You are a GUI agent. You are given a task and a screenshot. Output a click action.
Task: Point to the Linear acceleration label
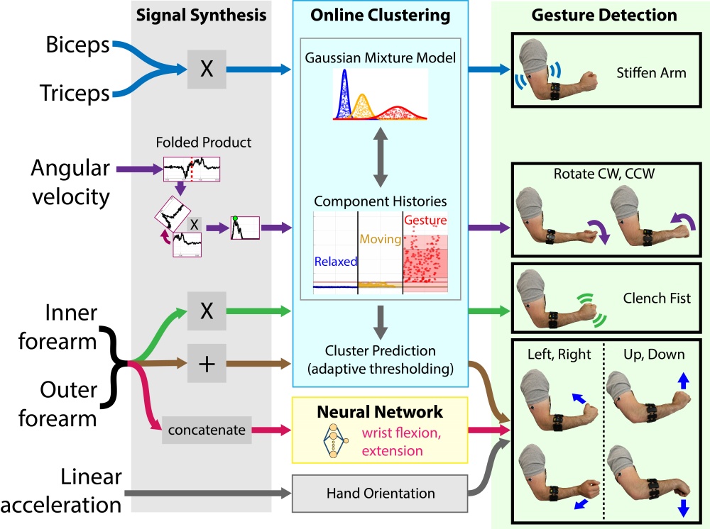pos(61,492)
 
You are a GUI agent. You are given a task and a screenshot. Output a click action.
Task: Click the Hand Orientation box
pos(383,493)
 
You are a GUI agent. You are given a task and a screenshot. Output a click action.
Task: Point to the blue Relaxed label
pos(335,262)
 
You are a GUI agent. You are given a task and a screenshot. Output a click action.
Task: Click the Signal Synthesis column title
pos(202,15)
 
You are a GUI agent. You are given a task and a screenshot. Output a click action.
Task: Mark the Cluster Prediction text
pos(381,350)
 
